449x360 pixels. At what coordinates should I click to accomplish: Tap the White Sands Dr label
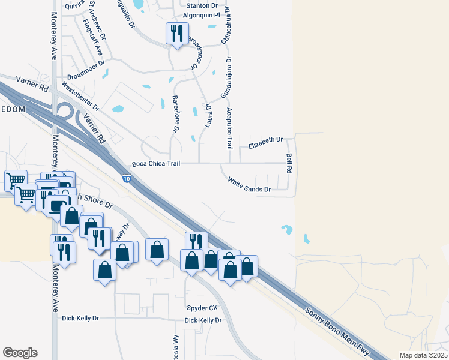pos(249,185)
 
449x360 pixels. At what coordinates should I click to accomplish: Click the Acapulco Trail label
pos(229,128)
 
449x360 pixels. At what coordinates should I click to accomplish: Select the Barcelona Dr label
pos(176,113)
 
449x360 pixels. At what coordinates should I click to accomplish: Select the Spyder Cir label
pos(200,308)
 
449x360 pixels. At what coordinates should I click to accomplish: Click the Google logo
pos(20,353)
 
